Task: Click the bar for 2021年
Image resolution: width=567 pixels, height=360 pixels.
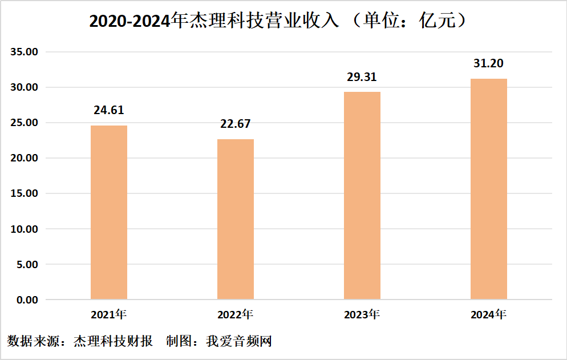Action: tap(109, 212)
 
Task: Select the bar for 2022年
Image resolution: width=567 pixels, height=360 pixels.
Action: tap(236, 219)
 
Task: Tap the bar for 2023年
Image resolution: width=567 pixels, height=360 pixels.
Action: tap(362, 196)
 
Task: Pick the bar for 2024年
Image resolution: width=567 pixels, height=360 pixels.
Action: tap(489, 189)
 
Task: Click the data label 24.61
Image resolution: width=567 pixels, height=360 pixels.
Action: tap(109, 110)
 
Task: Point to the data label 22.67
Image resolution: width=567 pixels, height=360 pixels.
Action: tap(236, 124)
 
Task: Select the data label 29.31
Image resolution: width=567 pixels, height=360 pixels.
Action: tap(362, 77)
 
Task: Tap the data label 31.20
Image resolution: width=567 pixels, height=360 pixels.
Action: tap(489, 63)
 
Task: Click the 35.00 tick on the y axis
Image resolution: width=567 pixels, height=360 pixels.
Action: tap(23, 52)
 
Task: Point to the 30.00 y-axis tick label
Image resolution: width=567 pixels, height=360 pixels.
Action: tap(23, 87)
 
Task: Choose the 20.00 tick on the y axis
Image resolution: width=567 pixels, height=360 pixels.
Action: tap(23, 158)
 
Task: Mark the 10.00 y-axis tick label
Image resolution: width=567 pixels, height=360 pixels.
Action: tap(23, 229)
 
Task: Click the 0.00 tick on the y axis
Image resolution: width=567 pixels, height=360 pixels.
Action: tap(26, 300)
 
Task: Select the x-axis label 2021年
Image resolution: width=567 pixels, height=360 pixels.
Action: tap(109, 314)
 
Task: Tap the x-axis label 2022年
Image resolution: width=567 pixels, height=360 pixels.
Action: tap(236, 314)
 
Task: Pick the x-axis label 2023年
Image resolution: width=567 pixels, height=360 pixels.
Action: tap(362, 314)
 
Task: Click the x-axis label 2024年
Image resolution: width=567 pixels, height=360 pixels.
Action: tap(489, 314)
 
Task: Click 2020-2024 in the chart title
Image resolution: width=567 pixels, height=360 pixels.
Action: tap(131, 22)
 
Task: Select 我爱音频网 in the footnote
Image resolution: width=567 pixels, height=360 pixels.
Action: tap(239, 342)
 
